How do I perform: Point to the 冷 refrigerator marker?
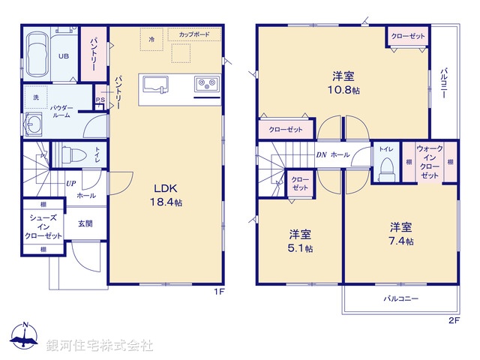(x=151, y=38)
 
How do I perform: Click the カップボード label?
(x=194, y=34)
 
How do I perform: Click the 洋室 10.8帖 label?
(x=344, y=82)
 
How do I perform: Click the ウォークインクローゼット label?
(x=429, y=162)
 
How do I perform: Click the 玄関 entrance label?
(x=84, y=223)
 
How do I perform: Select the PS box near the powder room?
(x=99, y=101)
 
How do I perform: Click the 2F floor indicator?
(x=453, y=320)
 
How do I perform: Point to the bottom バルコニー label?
(x=401, y=298)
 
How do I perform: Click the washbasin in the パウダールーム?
(x=33, y=125)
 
